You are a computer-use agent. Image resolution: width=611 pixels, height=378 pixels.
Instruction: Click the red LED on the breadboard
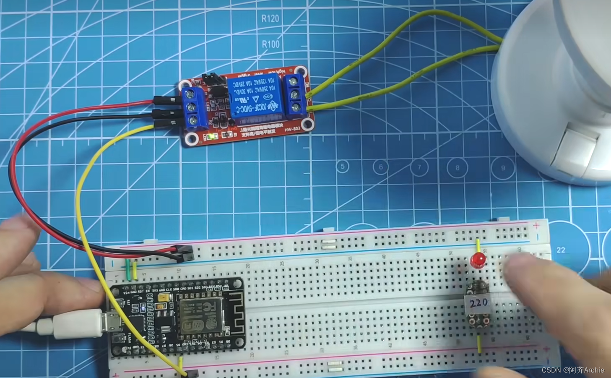pyautogui.click(x=476, y=261)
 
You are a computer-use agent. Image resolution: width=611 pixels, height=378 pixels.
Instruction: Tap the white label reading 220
pyautogui.click(x=478, y=302)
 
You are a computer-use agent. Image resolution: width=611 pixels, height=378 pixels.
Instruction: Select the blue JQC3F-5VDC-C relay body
pyautogui.click(x=255, y=99)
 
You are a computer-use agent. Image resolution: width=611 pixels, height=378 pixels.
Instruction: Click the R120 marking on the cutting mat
pyautogui.click(x=270, y=18)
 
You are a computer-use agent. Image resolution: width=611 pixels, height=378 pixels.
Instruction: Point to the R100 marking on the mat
pyautogui.click(x=270, y=44)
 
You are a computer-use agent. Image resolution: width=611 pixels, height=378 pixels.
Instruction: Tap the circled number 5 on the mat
pyautogui.click(x=343, y=167)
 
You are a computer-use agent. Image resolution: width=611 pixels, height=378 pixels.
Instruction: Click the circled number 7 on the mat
pyautogui.click(x=419, y=167)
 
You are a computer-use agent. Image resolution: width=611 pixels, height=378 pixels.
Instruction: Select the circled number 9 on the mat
pyautogui.click(x=503, y=168)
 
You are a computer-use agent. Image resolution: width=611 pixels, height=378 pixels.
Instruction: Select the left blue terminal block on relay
pyautogui.click(x=193, y=107)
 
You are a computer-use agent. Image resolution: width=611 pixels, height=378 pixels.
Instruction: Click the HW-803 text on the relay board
pyautogui.click(x=292, y=129)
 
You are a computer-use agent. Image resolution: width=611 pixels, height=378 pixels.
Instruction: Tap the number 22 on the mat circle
pyautogui.click(x=561, y=250)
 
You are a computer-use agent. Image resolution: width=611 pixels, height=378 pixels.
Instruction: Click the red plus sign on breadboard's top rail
pyautogui.click(x=536, y=226)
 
